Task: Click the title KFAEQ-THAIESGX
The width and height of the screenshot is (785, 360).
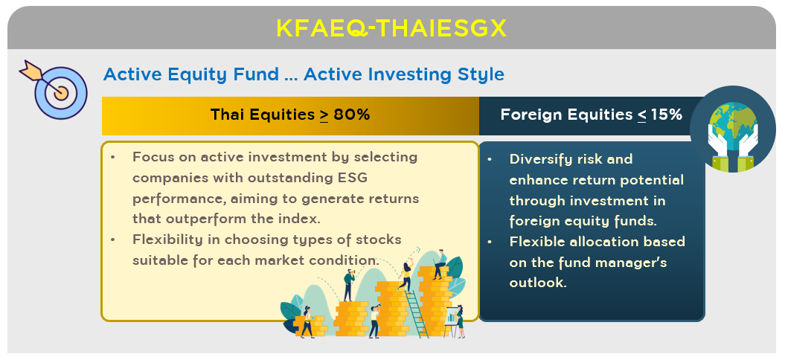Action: click(391, 28)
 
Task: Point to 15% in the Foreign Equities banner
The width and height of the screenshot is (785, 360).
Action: click(666, 115)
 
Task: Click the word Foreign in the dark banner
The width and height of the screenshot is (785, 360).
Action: click(532, 115)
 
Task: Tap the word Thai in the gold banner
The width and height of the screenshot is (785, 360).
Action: click(226, 115)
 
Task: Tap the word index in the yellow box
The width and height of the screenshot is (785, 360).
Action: click(303, 219)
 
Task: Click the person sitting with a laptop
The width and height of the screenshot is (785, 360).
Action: click(440, 264)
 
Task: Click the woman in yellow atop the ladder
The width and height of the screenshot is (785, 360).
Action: click(406, 275)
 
